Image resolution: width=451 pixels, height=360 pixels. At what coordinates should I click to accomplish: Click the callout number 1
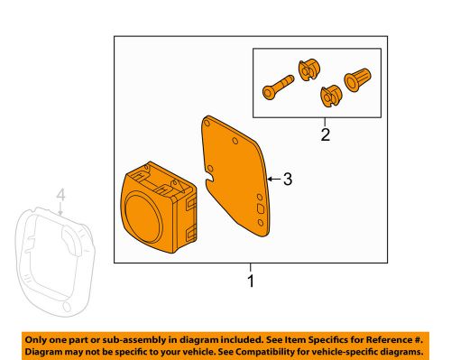point(251,281)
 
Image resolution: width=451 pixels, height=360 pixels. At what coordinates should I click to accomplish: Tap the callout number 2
point(326,134)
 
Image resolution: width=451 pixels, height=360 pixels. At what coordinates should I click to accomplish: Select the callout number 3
point(288,180)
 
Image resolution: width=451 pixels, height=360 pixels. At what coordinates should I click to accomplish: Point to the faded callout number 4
point(60,195)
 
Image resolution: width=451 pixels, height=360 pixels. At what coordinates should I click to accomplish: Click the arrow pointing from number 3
point(274,180)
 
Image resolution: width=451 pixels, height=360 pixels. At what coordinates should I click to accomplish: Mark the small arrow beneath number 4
point(60,208)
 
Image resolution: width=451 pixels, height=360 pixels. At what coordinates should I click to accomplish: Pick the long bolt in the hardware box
point(278,87)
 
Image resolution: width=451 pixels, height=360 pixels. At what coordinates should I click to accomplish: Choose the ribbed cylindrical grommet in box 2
point(357,79)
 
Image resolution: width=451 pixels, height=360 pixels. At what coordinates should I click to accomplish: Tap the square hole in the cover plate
point(261,208)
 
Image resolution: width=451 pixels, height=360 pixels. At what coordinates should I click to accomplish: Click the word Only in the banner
point(34,340)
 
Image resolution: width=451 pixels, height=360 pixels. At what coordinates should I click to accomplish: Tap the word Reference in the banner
point(388,340)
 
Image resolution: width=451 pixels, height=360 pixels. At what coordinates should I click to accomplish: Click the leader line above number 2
point(325,122)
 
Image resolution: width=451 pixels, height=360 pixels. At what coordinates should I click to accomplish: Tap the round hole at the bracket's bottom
point(67,307)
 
